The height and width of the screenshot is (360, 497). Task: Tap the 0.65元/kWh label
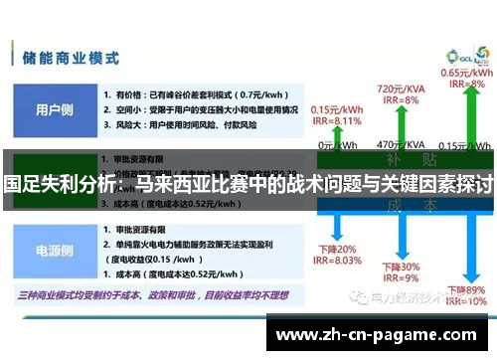pos(464,73)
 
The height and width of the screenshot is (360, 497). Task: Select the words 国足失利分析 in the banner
pos(60,184)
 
